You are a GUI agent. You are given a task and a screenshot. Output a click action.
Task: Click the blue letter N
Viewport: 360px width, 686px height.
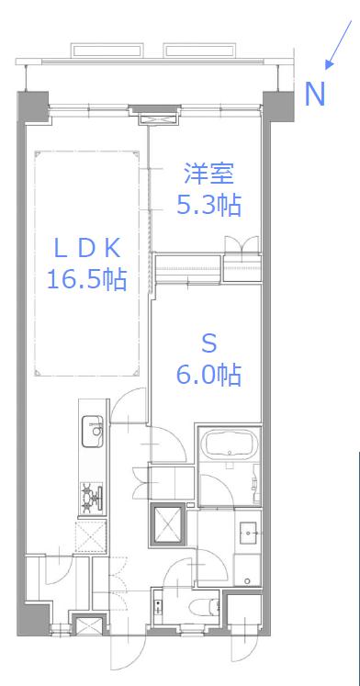315,94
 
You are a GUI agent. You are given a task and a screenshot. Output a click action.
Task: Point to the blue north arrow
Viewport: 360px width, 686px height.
338,45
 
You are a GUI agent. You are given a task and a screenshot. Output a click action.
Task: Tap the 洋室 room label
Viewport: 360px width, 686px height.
208,174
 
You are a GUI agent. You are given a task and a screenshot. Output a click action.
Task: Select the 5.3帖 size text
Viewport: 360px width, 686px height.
208,204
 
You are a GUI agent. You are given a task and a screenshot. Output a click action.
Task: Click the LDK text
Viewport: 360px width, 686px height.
86,249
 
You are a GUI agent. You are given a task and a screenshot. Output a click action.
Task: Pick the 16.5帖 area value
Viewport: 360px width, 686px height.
86,279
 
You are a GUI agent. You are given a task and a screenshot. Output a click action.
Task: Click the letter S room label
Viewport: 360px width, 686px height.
208,343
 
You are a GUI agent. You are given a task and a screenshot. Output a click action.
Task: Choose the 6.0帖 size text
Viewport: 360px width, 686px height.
208,375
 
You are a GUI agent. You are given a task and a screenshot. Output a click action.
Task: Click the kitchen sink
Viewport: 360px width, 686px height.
93,432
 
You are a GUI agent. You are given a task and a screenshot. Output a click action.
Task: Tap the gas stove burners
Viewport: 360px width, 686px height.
93,498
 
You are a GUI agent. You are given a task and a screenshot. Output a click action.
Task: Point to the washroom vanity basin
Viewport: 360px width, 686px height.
249,533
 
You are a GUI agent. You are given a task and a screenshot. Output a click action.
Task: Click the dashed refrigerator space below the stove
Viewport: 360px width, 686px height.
92,536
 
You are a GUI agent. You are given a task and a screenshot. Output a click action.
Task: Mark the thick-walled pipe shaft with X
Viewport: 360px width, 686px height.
168,524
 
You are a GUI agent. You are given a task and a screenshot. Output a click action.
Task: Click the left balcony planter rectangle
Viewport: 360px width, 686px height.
107,50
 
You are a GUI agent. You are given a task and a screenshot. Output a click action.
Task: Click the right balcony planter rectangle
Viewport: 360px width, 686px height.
200,50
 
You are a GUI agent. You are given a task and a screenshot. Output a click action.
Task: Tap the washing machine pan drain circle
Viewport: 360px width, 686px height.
247,581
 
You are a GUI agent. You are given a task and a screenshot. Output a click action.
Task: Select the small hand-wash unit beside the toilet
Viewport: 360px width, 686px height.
158,607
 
